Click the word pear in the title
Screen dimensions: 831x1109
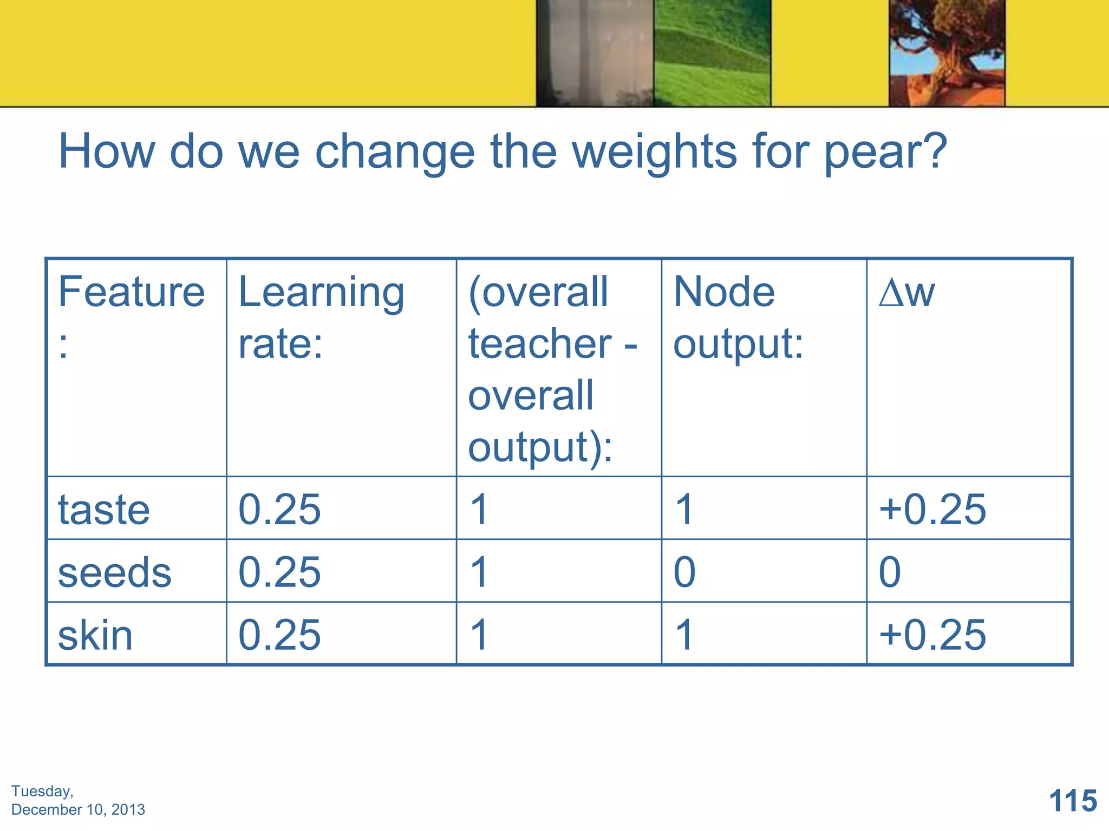tap(885, 153)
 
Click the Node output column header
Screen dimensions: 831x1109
tap(738, 316)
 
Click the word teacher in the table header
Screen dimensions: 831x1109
tap(540, 344)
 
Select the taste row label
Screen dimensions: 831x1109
tap(104, 510)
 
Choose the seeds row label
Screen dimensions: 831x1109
tap(114, 572)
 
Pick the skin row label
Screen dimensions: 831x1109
tap(95, 635)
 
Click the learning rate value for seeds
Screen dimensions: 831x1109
tap(279, 572)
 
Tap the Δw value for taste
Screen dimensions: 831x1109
tap(932, 509)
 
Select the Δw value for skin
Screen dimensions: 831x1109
tap(932, 635)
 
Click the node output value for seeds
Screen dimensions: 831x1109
tap(684, 572)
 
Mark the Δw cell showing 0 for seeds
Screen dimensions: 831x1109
tap(890, 572)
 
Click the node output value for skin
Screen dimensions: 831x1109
tap(684, 635)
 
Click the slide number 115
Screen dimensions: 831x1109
tap(1073, 800)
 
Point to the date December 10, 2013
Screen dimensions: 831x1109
tap(78, 809)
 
